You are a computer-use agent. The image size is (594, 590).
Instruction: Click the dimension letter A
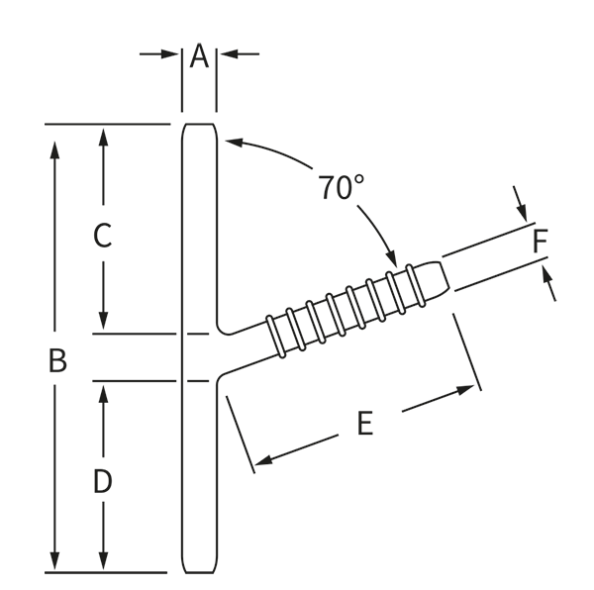click(199, 56)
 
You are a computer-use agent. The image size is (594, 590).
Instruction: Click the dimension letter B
click(57, 360)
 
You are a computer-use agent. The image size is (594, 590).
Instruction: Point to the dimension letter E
click(364, 424)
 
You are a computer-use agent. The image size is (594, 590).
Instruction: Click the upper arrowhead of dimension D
click(103, 389)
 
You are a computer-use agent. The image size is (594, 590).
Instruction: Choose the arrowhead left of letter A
click(173, 53)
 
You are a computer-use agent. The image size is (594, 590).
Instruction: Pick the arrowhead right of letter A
click(227, 53)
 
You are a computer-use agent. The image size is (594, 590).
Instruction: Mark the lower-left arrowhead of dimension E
click(259, 459)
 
